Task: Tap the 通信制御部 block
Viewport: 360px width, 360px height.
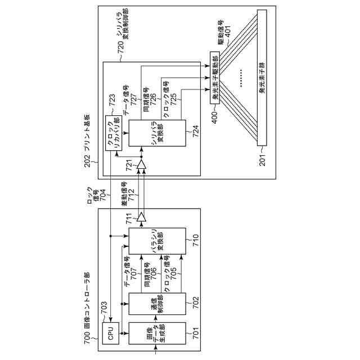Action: [x=156, y=304]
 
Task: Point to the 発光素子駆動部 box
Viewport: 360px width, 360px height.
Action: [x=214, y=78]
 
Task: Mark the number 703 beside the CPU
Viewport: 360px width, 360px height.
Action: [x=104, y=307]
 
